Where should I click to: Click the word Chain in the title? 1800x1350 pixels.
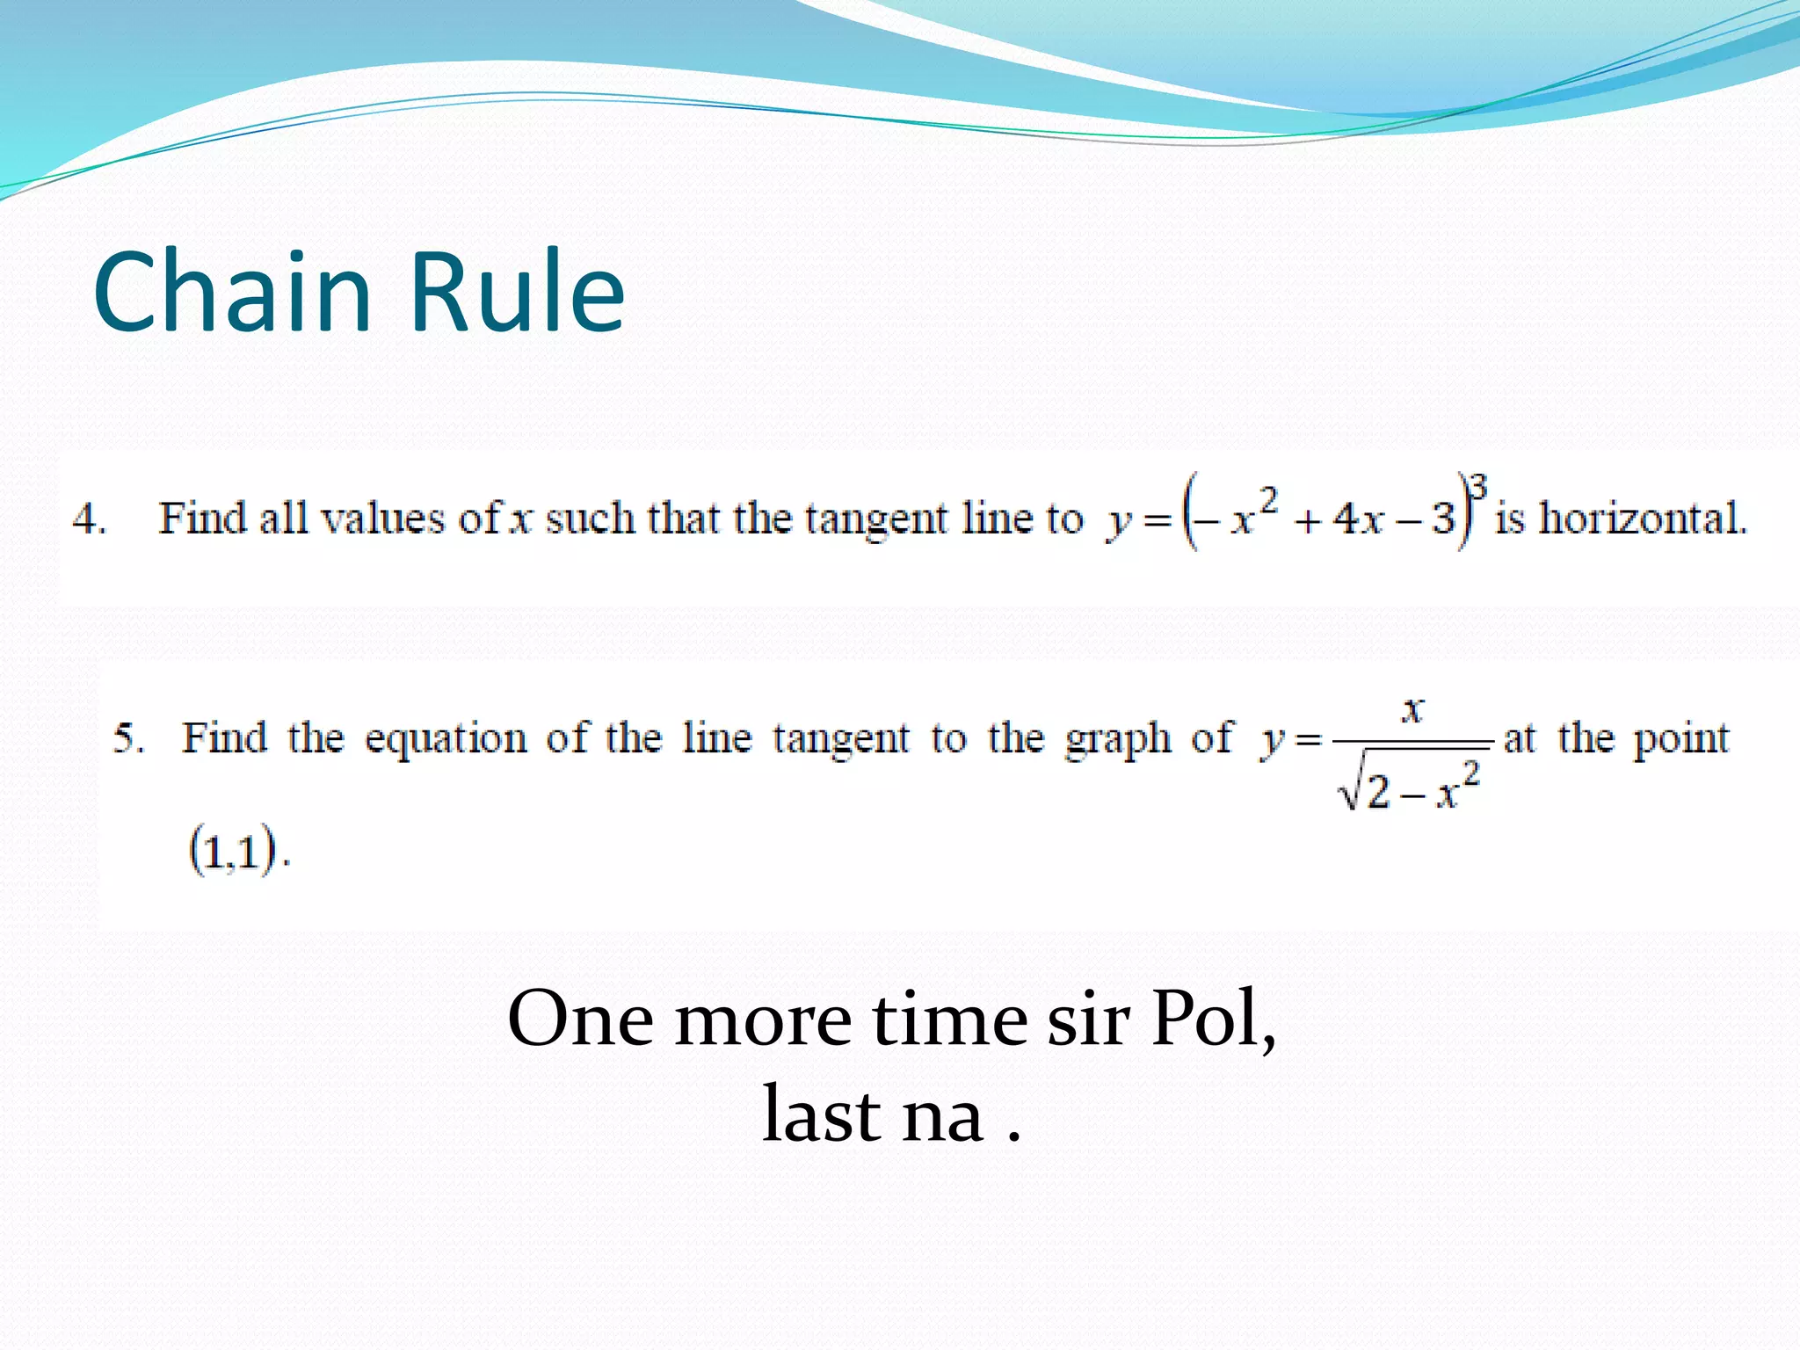(x=232, y=292)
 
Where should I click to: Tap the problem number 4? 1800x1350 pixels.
(x=87, y=519)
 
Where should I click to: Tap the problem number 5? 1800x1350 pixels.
(x=127, y=738)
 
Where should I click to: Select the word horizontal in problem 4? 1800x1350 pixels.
(x=1642, y=519)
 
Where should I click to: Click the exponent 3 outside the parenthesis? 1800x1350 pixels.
(x=1479, y=486)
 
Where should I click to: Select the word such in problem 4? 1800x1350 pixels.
(x=590, y=519)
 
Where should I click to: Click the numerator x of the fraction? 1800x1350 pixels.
(x=1412, y=708)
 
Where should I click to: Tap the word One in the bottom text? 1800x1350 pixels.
(x=580, y=1020)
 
